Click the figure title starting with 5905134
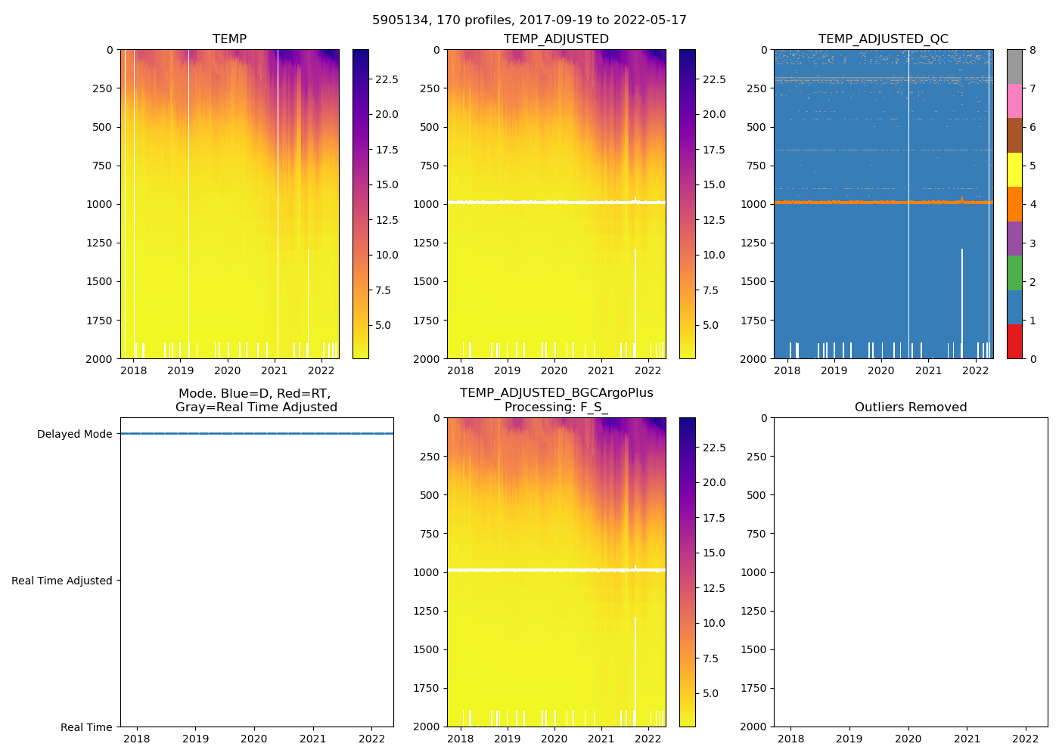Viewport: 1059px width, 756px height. click(529, 20)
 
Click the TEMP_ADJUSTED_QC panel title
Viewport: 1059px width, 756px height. click(883, 39)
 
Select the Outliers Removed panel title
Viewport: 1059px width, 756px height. click(910, 407)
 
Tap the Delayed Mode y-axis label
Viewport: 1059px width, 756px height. click(74, 434)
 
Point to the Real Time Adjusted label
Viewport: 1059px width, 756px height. click(61, 581)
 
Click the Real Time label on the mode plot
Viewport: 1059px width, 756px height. click(86, 727)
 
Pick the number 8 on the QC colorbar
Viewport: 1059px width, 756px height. click(1032, 50)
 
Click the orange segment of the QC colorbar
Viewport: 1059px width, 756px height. click(1014, 204)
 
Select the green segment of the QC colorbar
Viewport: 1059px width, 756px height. click(1014, 273)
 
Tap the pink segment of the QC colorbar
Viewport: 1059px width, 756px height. click(1014, 101)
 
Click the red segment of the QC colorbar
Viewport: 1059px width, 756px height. click(1014, 342)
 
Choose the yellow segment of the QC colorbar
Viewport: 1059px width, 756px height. click(1014, 169)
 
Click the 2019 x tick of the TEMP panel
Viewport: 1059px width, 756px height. click(180, 370)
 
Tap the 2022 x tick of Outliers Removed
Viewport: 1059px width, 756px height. click(1026, 739)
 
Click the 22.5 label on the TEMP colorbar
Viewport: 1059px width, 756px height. click(387, 79)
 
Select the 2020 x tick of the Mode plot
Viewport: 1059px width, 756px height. click(254, 739)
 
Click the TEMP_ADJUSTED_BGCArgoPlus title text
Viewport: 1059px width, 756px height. click(556, 393)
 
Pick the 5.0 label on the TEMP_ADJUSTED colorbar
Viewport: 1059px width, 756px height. click(710, 325)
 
